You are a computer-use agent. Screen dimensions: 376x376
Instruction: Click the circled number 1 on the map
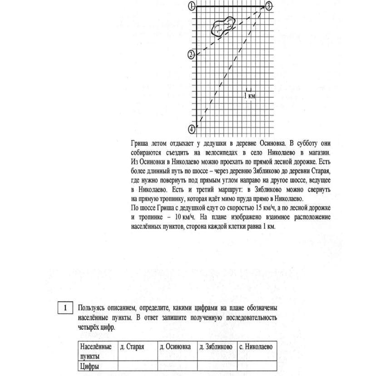click(192, 6)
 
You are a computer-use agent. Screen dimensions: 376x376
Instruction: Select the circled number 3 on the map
click(268, 6)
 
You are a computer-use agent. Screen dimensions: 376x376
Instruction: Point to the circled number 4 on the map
click(192, 129)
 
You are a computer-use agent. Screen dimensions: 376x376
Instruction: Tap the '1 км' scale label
click(249, 95)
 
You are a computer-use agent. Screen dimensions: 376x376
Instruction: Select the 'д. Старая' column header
click(132, 347)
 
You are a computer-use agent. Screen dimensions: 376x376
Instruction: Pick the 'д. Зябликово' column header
click(216, 347)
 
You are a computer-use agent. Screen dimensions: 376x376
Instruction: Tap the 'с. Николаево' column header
click(256, 347)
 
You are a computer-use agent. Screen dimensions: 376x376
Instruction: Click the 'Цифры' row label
click(89, 366)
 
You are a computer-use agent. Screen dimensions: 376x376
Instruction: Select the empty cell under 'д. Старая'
click(138, 366)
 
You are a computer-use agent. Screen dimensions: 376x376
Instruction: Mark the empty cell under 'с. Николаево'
click(257, 366)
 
